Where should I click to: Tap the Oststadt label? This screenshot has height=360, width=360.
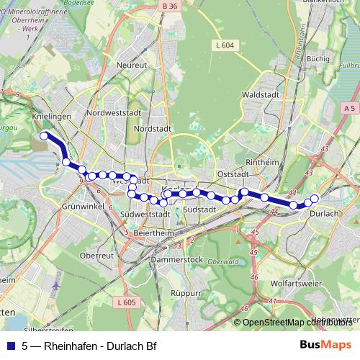[232, 174]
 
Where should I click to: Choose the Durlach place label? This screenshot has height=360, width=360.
[323, 213]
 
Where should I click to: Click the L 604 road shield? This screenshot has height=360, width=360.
[225, 45]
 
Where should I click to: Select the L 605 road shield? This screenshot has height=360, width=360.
[125, 302]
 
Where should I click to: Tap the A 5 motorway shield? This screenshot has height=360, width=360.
[349, 107]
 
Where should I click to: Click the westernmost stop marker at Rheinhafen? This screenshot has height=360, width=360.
[44, 135]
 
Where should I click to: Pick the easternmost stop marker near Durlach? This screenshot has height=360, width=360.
[315, 198]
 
